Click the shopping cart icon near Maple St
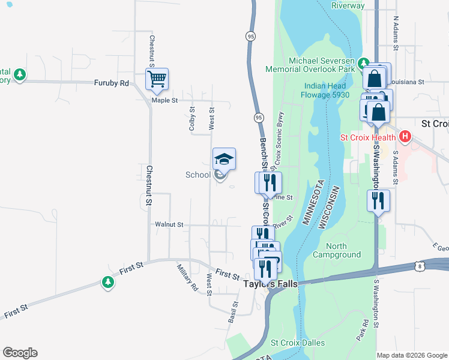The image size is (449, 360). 157,79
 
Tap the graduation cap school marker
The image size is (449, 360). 224,159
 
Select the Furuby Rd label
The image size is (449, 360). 111,83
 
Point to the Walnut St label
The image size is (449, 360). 169,224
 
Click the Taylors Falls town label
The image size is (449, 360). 270,284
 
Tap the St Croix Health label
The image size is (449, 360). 368,137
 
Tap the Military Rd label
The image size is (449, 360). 187,277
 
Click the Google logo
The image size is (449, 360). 20,353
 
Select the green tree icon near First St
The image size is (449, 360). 107,282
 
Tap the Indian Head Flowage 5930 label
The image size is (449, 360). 327,90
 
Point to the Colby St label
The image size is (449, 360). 192,119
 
